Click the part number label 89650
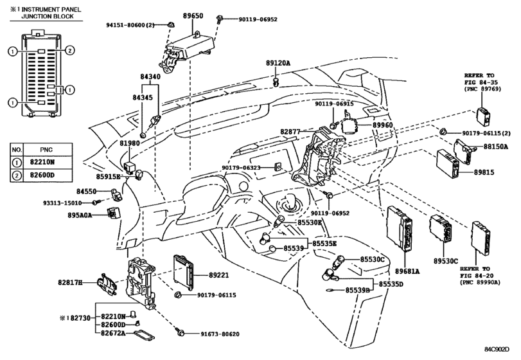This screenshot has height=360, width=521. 193,15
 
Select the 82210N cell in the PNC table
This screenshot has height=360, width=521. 41,162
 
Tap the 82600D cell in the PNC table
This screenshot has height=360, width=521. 42,175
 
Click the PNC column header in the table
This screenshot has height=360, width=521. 46,150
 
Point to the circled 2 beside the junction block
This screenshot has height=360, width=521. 69,51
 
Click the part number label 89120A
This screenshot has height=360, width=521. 278,62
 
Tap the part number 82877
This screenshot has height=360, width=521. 290,132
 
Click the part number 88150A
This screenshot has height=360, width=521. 495,147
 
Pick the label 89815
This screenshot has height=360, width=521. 484,172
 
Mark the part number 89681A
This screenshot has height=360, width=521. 407,271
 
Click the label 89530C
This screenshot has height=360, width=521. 446,261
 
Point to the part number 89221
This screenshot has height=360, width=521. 218,275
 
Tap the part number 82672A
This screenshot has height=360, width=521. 113,333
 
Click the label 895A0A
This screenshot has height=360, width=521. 80,215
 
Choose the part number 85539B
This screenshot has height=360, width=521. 358,290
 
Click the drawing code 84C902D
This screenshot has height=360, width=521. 497,349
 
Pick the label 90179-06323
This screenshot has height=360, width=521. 242,168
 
